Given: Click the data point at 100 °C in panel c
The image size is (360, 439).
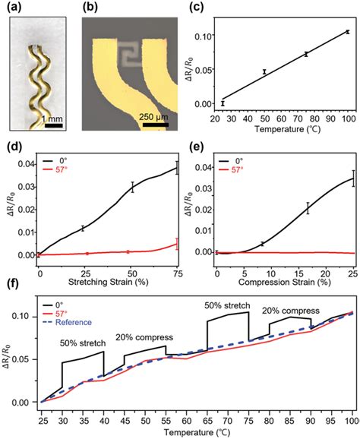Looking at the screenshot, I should pyautogui.click(x=346, y=32).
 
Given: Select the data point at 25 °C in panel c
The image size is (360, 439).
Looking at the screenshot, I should pyautogui.click(x=223, y=103).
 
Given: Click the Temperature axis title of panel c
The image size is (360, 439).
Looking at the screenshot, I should pyautogui.click(x=284, y=131).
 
